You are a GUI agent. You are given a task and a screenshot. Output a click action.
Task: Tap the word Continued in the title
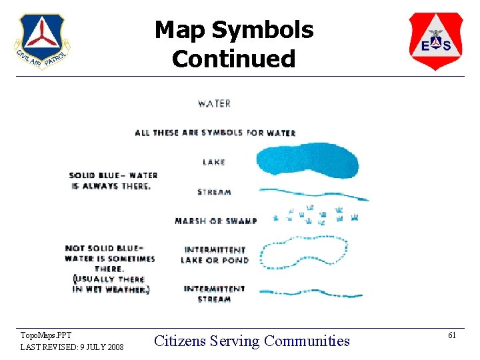coord(233,59)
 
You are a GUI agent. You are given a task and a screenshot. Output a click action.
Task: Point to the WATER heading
coord(214,103)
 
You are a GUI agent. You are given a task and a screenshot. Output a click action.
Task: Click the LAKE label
coord(214,162)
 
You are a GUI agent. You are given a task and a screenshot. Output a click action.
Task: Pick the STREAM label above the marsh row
coord(214,192)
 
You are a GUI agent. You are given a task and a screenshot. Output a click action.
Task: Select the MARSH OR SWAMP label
coord(215,221)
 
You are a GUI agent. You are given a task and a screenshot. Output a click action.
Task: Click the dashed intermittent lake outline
coord(303,253)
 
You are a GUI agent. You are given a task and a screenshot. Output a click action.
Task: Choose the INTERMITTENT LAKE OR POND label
coord(215,255)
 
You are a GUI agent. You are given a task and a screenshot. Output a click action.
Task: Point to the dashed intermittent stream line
coord(310,293)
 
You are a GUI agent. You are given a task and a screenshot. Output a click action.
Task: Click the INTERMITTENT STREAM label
coord(215,294)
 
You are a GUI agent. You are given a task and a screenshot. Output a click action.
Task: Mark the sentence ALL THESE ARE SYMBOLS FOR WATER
coord(215,133)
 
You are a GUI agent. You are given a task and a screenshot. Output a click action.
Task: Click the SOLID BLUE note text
coord(113,181)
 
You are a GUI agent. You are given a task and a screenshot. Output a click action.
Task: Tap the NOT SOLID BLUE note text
coord(110,269)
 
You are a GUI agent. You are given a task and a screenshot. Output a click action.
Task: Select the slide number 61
coord(451,335)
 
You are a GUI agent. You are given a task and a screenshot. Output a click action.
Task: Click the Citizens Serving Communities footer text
coord(251,341)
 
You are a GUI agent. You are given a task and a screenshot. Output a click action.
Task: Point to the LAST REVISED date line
coord(71,347)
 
